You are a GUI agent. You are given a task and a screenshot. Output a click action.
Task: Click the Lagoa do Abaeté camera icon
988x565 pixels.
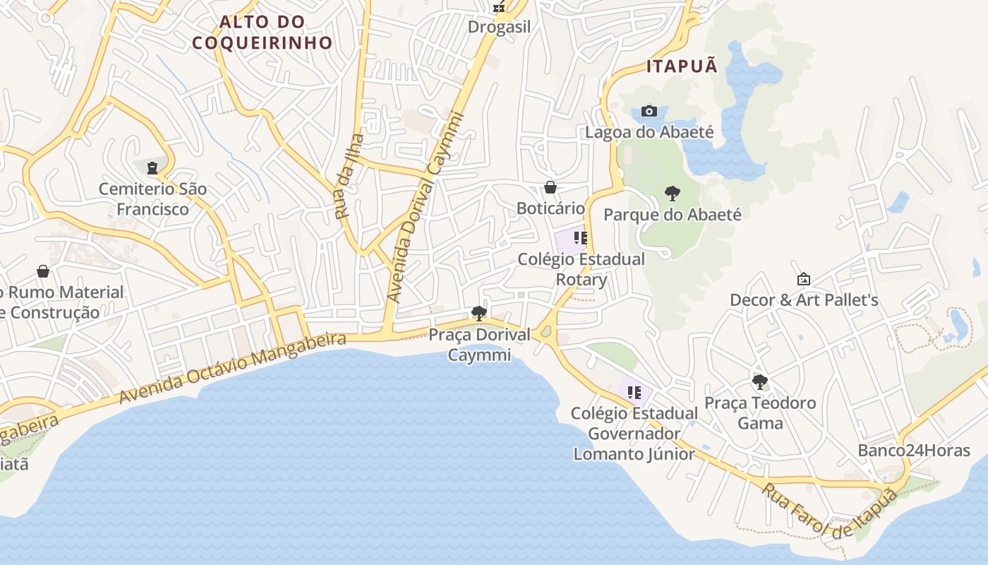[649, 111]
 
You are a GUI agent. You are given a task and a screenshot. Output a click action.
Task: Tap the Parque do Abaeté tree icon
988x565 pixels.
[673, 193]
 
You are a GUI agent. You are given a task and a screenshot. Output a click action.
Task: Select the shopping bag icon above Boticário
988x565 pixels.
[550, 187]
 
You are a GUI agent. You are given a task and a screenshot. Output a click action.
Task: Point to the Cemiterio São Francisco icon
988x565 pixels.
[152, 168]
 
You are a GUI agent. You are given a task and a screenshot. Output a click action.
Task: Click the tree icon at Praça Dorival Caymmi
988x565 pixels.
[479, 313]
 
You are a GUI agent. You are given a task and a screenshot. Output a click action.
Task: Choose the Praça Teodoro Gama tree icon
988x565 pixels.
[760, 382]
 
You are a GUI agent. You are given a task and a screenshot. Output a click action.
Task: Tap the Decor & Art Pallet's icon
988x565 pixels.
[803, 279]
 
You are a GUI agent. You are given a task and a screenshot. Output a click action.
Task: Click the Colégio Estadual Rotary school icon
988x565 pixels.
[581, 238]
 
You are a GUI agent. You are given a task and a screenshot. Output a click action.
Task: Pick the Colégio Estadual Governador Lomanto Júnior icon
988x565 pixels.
[634, 392]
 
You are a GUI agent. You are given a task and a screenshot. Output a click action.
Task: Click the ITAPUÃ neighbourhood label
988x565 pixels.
[682, 66]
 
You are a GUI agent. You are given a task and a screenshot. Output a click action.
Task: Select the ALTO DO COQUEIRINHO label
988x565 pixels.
[262, 32]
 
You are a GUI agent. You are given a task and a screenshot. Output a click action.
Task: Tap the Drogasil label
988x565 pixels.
[499, 28]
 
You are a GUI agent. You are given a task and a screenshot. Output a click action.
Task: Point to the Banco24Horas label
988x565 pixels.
[914, 451]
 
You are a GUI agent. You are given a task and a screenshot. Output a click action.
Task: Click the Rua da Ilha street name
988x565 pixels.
[350, 177]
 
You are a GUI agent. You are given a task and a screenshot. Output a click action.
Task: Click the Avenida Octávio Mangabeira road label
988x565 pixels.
[233, 369]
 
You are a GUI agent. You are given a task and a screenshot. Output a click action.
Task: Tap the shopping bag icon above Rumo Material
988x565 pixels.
[43, 271]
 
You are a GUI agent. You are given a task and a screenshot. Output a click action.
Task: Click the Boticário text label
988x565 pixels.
[550, 208]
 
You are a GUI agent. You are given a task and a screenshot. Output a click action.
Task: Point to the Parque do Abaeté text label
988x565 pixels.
[673, 214]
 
